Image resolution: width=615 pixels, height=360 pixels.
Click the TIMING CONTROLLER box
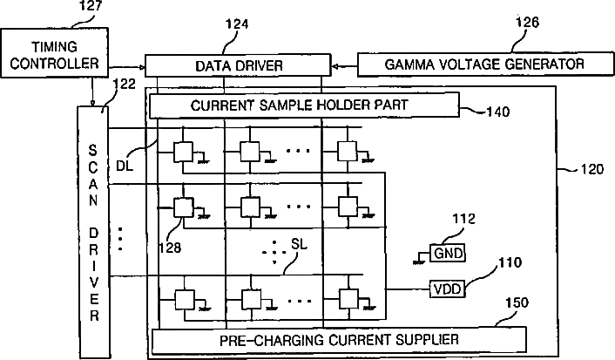point(55,52)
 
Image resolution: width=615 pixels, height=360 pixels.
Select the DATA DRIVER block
point(238,65)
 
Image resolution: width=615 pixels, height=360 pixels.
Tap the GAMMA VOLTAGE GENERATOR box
point(485,64)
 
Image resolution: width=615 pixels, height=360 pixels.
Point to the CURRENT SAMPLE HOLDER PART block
point(304,105)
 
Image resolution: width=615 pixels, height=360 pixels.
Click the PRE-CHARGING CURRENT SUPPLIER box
point(339,340)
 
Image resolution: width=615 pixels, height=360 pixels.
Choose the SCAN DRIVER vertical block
point(93,233)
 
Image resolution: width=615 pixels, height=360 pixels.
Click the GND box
point(448,253)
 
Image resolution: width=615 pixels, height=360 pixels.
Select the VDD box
point(448,289)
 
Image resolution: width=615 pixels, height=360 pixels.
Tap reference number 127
point(91,5)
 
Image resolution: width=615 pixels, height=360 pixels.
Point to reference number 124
point(237,24)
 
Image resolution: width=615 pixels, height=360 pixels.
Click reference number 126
point(527,22)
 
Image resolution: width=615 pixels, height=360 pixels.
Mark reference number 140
point(498,112)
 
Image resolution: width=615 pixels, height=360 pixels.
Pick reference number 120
point(591,169)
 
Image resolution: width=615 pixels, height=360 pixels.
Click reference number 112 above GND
point(464,219)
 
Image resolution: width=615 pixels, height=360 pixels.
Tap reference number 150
point(517,302)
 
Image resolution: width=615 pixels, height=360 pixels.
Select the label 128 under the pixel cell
point(170,248)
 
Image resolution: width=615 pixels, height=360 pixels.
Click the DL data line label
point(125,166)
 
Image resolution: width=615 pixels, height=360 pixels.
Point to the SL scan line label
point(299,244)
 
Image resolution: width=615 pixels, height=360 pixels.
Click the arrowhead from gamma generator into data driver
point(335,66)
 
